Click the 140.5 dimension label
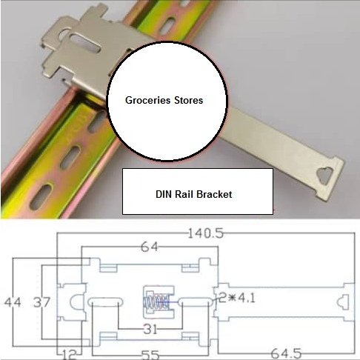pos(206,233)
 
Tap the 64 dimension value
pos(150,247)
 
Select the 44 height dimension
pos(13,302)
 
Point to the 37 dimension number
pos(41,302)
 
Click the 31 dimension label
pos(150,329)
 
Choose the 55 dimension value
pos(150,355)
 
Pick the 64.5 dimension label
pos(287,353)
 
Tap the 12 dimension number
pos(69,355)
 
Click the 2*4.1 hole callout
pos(236,299)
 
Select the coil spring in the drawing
pos(156,301)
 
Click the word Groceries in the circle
pos(147,101)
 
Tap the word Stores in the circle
pos(189,100)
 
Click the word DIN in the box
pos(164,194)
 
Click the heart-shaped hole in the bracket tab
pos(325,176)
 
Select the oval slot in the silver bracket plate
pos(85,43)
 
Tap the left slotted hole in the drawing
pos(105,302)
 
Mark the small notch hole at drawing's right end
pos(343,302)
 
